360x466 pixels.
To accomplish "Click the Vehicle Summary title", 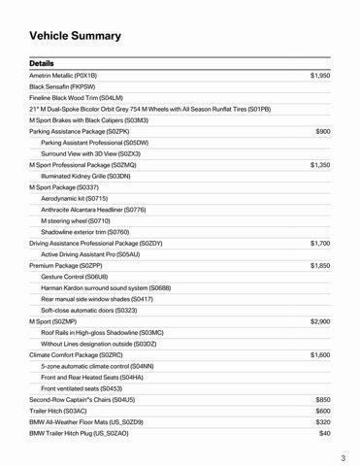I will point(75,36).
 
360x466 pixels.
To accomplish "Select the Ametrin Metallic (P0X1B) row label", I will point(63,75).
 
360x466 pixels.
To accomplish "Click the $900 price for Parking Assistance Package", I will point(323,131).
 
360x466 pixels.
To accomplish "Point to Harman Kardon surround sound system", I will point(106,287).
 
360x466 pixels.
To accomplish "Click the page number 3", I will point(344,457).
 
